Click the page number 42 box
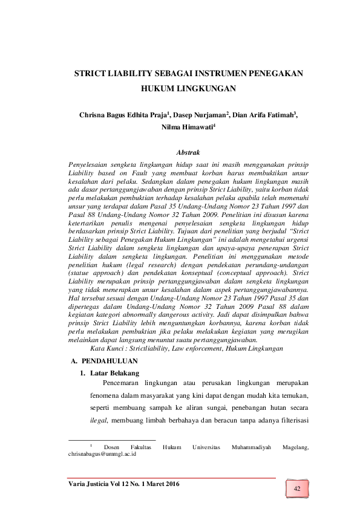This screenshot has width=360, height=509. (x=296, y=488)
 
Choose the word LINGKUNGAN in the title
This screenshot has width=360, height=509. (x=205, y=88)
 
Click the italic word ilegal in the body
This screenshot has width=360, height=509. (x=96, y=420)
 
